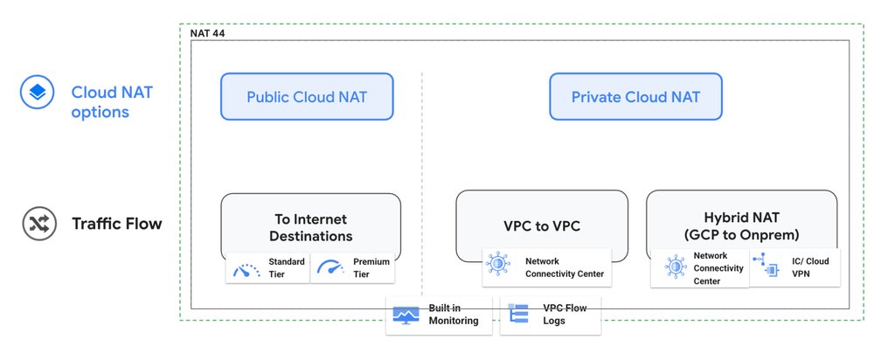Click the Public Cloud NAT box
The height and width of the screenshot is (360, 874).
click(306, 96)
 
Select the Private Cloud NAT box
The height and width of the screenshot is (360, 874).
click(635, 96)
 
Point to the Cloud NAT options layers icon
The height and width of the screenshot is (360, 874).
click(38, 93)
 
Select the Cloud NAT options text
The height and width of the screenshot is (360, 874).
click(101, 101)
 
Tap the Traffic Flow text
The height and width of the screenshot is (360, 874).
click(116, 225)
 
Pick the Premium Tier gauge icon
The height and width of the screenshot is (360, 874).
click(329, 269)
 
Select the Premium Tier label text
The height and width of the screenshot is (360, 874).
click(371, 268)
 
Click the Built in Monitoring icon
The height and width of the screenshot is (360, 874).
click(406, 315)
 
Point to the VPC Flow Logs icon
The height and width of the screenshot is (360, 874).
click(519, 315)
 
